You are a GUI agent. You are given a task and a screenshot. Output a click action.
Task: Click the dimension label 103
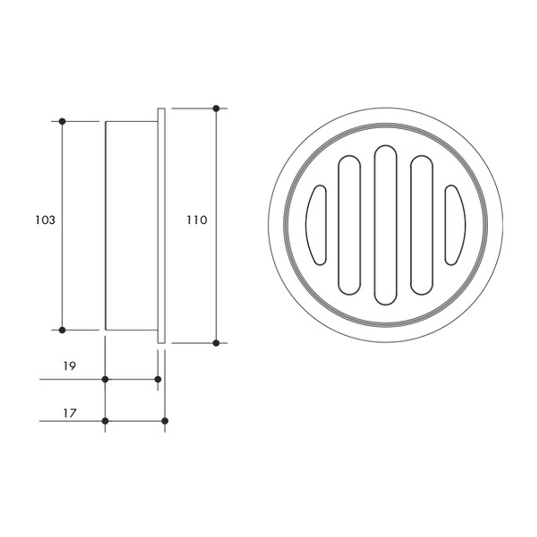[x=45, y=220]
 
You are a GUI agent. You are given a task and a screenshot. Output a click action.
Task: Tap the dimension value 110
[x=197, y=220]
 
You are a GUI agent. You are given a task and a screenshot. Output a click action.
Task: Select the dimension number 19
[x=70, y=366]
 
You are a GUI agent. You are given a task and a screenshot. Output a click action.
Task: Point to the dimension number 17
[x=70, y=413]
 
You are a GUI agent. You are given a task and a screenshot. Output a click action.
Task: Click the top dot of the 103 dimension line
[x=62, y=121]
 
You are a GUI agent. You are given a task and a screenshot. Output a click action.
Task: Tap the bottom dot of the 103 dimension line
[x=62, y=330]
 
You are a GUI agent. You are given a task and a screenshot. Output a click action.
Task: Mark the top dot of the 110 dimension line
[x=216, y=108]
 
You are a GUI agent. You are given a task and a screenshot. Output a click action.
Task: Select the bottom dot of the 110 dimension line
[x=216, y=343]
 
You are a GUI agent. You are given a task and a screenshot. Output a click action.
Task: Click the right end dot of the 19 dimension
[x=158, y=379]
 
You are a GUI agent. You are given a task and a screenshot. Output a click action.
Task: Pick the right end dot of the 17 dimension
[x=165, y=421]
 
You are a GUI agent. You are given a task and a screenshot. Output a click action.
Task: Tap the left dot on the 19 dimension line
[x=105, y=379]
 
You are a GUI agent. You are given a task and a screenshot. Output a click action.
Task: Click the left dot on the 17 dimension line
[x=105, y=421]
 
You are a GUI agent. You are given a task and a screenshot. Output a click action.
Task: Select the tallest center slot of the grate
[x=385, y=225]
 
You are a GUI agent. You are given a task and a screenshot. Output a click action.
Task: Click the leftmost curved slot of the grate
[x=316, y=225]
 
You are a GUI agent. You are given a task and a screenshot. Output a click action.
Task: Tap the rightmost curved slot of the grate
[x=454, y=225]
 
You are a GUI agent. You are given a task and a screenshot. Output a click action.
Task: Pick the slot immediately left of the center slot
[x=349, y=225]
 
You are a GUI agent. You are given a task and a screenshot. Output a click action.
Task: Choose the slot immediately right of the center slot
[x=422, y=225]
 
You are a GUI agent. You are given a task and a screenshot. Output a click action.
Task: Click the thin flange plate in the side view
[x=161, y=225]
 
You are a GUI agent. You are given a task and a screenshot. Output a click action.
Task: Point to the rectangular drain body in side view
[x=131, y=225]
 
